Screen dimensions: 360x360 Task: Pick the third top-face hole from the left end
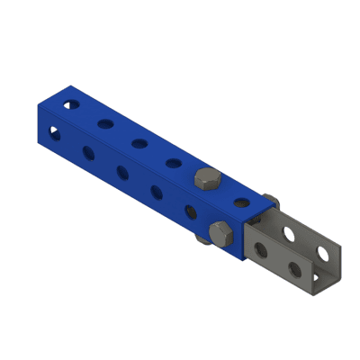(140, 142)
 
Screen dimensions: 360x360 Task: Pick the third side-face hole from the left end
(121, 171)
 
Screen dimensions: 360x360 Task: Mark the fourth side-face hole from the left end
(156, 191)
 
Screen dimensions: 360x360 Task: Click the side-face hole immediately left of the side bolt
(190, 211)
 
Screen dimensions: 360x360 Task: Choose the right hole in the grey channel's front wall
(294, 268)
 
